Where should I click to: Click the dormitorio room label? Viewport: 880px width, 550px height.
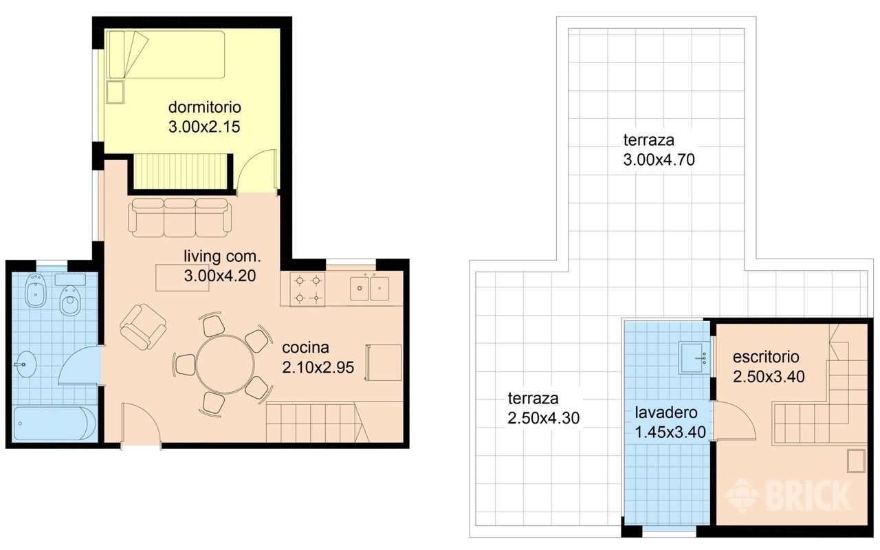204,107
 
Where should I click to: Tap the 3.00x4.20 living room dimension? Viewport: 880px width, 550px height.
219,276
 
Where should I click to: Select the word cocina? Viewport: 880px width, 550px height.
305,347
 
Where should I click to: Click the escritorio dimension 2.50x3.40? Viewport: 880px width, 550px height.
769,377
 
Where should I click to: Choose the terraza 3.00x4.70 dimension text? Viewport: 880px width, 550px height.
659,159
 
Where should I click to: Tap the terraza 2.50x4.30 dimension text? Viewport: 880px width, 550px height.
543,418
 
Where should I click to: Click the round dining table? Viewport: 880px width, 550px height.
225,364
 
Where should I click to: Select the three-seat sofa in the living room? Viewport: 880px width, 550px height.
179,218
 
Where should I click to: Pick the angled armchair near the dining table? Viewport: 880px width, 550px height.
143,327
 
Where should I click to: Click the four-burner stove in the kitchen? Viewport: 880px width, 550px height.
307,289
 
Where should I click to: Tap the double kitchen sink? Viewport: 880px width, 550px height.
370,288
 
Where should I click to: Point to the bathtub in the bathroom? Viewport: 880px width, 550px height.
54,423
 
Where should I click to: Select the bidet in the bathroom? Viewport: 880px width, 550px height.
35,290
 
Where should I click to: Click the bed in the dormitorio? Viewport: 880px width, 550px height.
166,54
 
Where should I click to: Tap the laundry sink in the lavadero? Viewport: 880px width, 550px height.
694,357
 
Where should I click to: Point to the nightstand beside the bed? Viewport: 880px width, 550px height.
115,92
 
